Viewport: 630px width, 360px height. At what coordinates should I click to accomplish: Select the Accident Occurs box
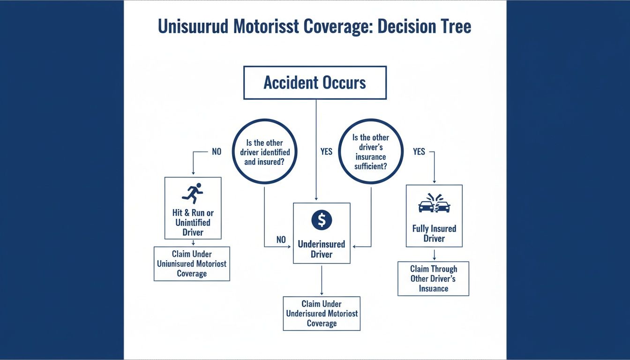click(x=315, y=83)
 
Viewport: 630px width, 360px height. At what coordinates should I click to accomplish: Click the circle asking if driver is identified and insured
click(x=265, y=151)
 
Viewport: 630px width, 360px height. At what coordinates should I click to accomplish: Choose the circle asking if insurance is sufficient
click(x=371, y=151)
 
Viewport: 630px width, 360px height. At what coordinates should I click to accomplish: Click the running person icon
click(x=193, y=192)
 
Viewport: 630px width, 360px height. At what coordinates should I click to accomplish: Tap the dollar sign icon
click(x=322, y=220)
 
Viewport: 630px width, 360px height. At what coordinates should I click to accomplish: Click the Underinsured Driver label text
click(x=322, y=249)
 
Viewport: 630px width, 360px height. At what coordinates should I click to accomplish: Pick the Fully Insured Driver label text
click(x=434, y=233)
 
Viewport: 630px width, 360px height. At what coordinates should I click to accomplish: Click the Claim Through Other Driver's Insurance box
click(x=433, y=278)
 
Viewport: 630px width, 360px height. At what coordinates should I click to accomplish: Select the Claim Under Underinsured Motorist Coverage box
click(x=322, y=313)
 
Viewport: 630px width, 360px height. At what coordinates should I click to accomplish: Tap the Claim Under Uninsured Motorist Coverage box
click(x=192, y=264)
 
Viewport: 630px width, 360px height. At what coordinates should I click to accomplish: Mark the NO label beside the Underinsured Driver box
click(x=281, y=240)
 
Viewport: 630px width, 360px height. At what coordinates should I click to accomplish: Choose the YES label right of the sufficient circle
click(x=419, y=152)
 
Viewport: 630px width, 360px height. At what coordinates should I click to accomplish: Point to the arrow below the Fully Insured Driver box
click(x=434, y=255)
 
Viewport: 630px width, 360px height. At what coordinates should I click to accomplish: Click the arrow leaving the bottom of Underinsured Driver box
click(x=322, y=280)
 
